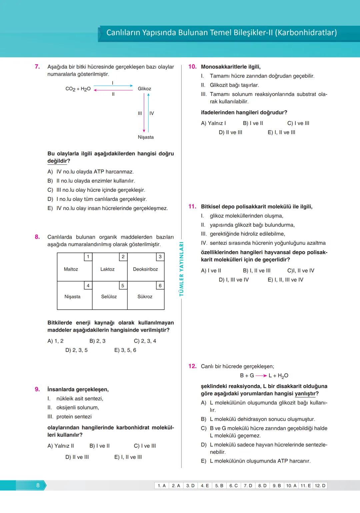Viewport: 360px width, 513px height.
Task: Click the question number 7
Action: point(37,67)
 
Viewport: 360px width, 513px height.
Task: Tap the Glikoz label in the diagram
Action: point(144,89)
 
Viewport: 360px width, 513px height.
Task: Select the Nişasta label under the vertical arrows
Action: point(146,137)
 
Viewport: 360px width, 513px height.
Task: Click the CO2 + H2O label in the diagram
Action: point(78,89)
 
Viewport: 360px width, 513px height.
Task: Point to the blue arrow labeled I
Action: point(113,86)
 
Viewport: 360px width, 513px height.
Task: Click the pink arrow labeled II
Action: point(113,90)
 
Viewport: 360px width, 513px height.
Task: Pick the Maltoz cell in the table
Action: point(71,269)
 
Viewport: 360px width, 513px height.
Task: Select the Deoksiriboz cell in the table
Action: point(145,269)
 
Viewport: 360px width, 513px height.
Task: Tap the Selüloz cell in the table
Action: point(109,297)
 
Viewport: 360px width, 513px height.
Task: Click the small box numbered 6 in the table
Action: point(160,286)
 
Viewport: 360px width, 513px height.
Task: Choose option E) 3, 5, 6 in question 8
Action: point(125,350)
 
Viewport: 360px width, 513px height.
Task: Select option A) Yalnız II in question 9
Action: point(61,446)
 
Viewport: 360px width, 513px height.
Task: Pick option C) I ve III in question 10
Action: point(298,123)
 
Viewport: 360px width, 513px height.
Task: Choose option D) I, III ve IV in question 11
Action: point(234,280)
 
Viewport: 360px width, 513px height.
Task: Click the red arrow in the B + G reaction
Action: point(261,376)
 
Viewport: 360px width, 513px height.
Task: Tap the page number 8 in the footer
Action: point(38,485)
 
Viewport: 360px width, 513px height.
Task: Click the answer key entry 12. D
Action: point(320,486)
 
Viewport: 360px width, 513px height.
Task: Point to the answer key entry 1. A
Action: point(162,486)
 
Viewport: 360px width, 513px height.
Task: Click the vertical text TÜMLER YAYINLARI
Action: point(181,269)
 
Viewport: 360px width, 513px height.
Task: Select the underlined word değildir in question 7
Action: point(57,161)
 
